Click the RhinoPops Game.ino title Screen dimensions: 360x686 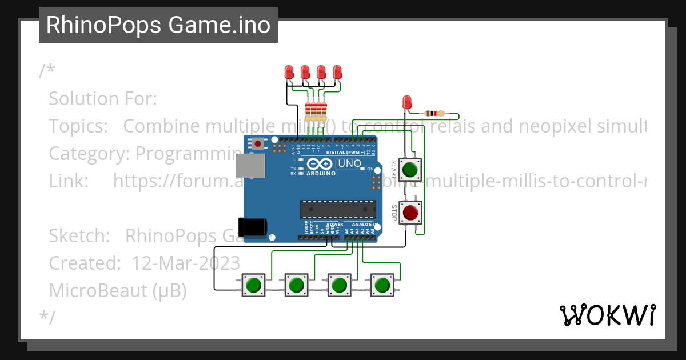[x=158, y=25]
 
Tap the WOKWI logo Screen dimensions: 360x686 [x=607, y=315]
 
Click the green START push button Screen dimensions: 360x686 [x=410, y=170]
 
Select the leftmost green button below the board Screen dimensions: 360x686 [x=253, y=285]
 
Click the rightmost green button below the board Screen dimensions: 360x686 [x=382, y=285]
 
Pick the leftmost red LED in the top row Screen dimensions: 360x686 [x=289, y=72]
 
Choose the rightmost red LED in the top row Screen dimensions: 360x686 [x=337, y=72]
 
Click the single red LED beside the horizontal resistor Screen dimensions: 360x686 [x=407, y=102]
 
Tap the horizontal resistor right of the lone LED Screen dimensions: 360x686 [x=435, y=113]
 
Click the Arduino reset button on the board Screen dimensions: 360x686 [x=258, y=143]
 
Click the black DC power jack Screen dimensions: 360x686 [x=252, y=227]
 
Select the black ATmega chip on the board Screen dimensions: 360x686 [x=338, y=210]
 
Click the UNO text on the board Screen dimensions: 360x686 [x=349, y=164]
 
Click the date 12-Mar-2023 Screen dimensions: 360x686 [x=186, y=263]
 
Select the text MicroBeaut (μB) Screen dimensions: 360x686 [x=118, y=290]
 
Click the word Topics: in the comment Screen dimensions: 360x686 [x=78, y=126]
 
